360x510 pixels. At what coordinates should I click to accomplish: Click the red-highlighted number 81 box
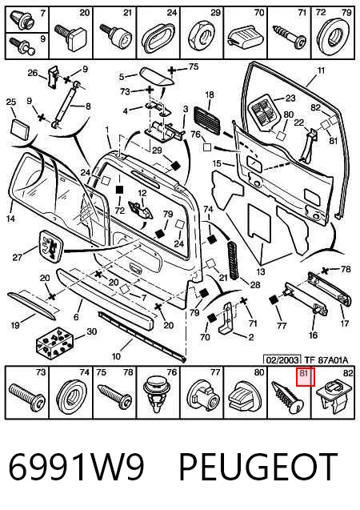click(x=305, y=377)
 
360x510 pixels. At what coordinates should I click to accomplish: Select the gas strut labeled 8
click(x=66, y=106)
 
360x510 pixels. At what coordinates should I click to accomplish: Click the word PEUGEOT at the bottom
click(x=258, y=467)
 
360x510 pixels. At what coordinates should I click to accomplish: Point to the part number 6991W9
click(x=76, y=467)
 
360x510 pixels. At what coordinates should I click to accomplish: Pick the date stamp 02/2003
click(x=282, y=359)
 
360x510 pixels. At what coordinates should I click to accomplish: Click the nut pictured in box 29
click(x=201, y=37)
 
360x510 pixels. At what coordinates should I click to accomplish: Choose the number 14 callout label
click(x=10, y=218)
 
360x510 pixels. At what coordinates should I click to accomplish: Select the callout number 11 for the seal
click(x=321, y=70)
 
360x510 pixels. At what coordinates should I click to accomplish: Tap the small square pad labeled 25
click(x=20, y=128)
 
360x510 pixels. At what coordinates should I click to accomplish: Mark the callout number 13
click(x=261, y=271)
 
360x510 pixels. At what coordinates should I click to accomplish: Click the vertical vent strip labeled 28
click(x=234, y=260)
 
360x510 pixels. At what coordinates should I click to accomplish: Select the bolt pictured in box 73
click(x=27, y=397)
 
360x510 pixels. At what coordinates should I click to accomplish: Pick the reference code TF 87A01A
click(x=326, y=359)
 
